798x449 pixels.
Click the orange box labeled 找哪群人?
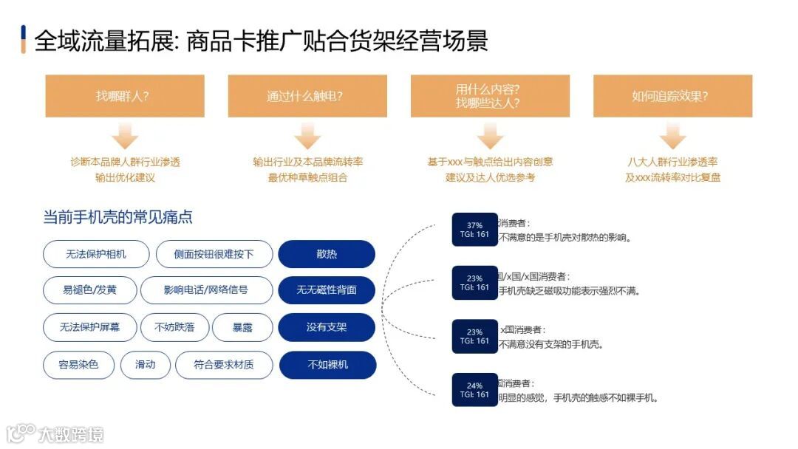(125, 96)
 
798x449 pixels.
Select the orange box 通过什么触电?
(307, 96)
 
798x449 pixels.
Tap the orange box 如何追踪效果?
(672, 96)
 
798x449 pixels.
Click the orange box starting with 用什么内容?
(490, 96)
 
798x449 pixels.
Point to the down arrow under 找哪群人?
(125, 137)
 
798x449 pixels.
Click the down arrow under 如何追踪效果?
(672, 137)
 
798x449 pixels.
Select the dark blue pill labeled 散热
(327, 254)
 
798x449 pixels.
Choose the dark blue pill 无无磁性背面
(327, 290)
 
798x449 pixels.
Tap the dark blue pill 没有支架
(327, 327)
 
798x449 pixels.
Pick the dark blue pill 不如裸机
(327, 365)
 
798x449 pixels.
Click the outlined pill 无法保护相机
(96, 254)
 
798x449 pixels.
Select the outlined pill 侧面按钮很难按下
(214, 254)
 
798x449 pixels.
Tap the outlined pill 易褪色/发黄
(89, 290)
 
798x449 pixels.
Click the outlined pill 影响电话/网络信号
(206, 290)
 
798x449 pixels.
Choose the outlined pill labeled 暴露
(242, 327)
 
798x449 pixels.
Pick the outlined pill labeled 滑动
(146, 365)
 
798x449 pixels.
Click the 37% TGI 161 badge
(474, 230)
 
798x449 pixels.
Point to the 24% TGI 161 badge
(474, 390)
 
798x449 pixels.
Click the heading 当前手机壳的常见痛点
(118, 217)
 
